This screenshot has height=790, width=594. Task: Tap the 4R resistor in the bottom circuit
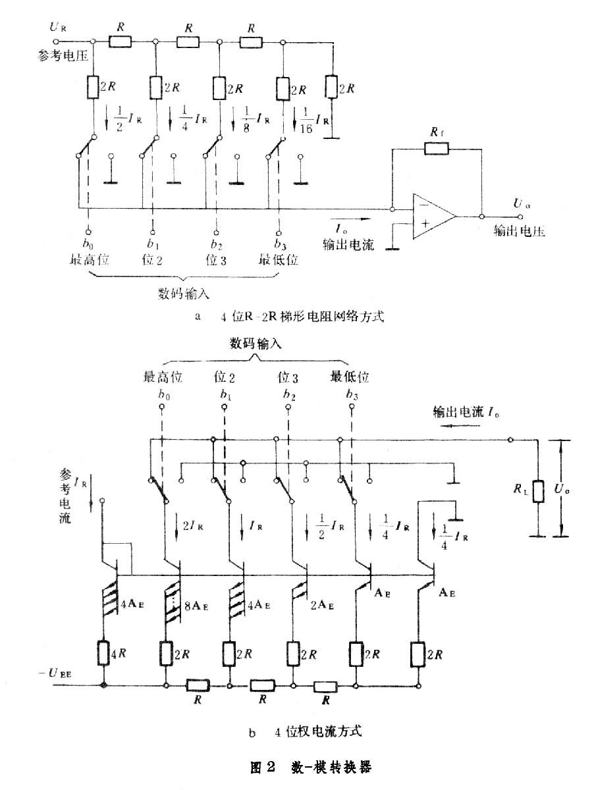pyautogui.click(x=104, y=654)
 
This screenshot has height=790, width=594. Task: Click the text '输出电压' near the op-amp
pyautogui.click(x=519, y=232)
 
